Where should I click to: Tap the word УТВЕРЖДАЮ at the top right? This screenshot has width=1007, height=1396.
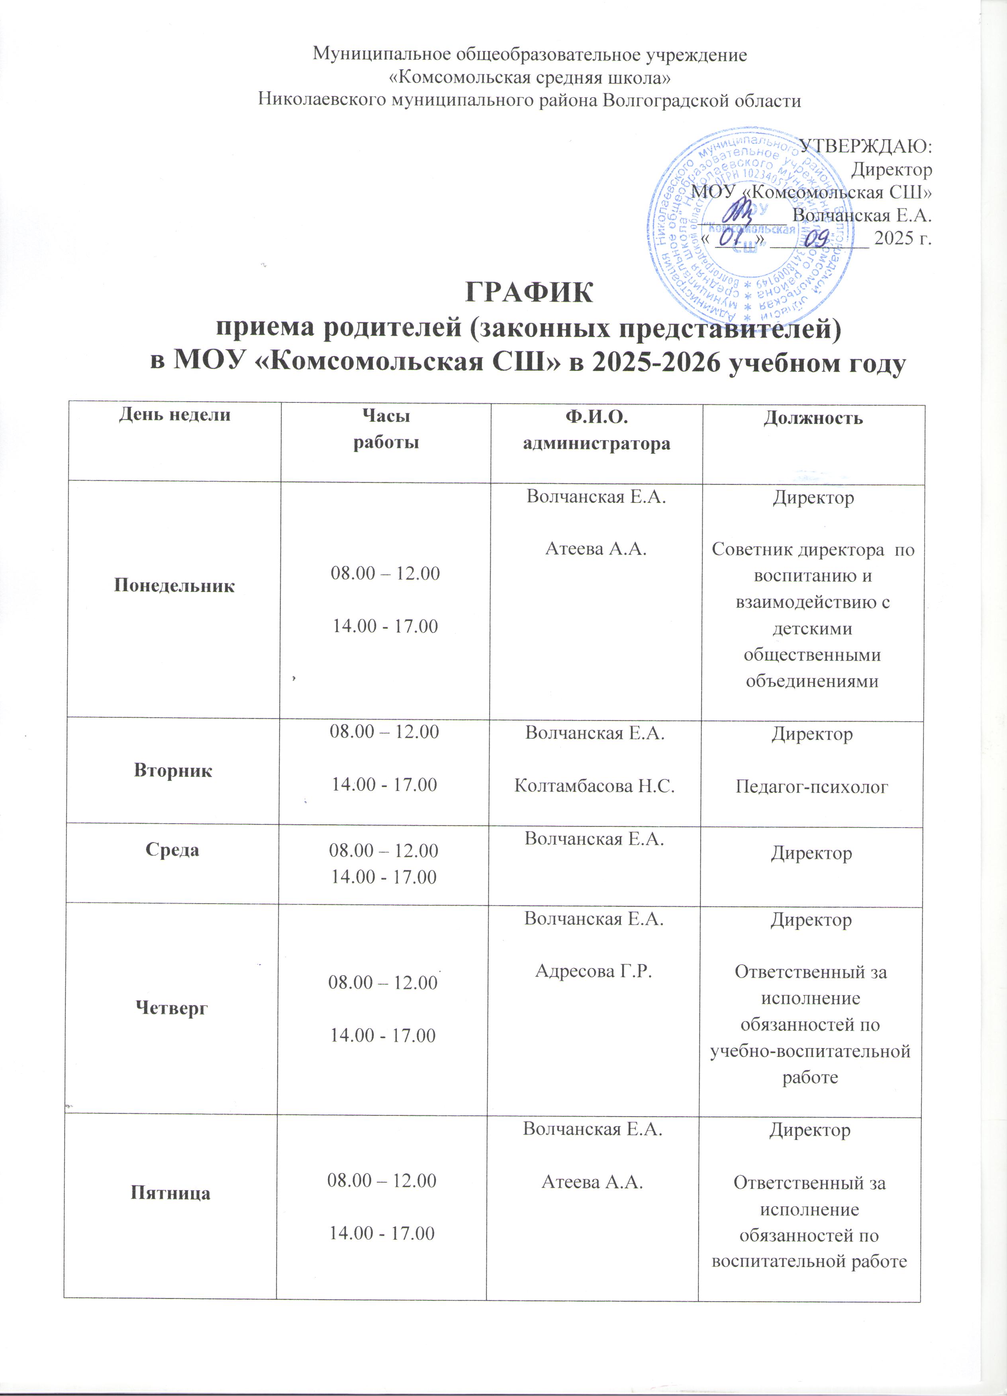click(865, 146)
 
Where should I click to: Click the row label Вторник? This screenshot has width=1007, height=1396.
click(173, 771)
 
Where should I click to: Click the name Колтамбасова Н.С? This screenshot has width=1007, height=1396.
click(594, 785)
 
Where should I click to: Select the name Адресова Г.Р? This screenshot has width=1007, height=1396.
click(594, 971)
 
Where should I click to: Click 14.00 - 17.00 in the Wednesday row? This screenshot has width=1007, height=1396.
click(384, 877)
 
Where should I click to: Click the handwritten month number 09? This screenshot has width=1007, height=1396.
click(819, 237)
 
